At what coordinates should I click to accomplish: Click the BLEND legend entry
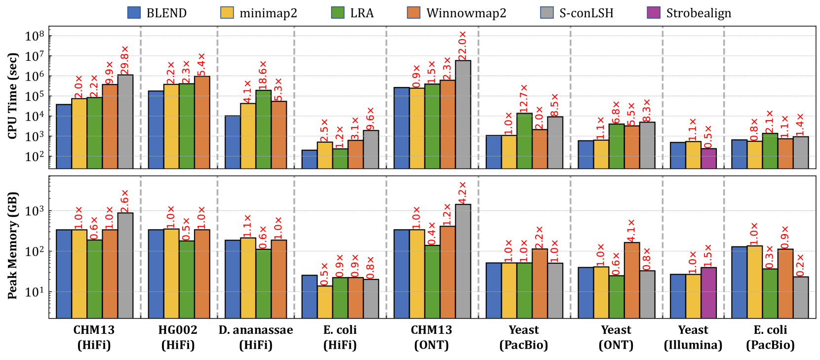(157, 13)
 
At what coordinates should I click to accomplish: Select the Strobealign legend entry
(689, 13)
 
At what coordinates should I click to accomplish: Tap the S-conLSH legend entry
(577, 13)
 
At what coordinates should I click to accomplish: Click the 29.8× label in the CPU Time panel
(125, 60)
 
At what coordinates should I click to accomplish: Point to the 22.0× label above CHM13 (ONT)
(463, 45)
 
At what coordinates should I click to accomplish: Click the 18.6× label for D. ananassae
(263, 75)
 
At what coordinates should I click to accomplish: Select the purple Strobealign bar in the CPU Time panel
(708, 158)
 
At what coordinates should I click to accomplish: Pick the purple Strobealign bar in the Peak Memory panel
(708, 292)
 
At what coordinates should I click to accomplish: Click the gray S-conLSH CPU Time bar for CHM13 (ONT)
(463, 114)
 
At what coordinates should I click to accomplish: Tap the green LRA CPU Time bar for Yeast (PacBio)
(524, 141)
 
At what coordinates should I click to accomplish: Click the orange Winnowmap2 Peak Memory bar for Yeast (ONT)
(632, 280)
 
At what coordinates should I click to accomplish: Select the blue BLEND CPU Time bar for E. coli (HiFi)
(309, 159)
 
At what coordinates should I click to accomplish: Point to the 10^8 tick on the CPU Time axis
(35, 36)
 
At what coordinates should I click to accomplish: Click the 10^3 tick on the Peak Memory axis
(35, 211)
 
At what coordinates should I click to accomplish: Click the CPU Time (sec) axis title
(12, 96)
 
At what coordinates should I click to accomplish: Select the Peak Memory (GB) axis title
(12, 245)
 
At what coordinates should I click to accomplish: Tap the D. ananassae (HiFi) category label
(256, 337)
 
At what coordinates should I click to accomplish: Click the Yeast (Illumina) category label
(693, 337)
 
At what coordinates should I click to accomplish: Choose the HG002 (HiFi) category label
(178, 337)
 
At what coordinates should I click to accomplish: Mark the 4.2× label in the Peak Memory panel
(463, 193)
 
